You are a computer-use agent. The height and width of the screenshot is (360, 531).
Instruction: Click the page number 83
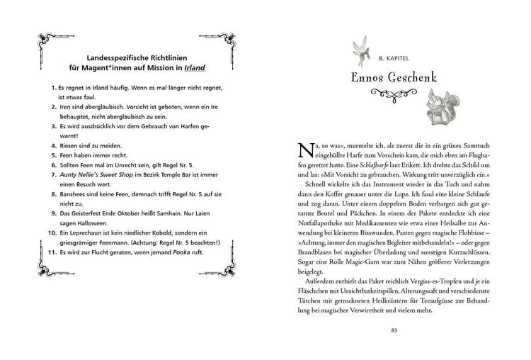click(394, 330)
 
